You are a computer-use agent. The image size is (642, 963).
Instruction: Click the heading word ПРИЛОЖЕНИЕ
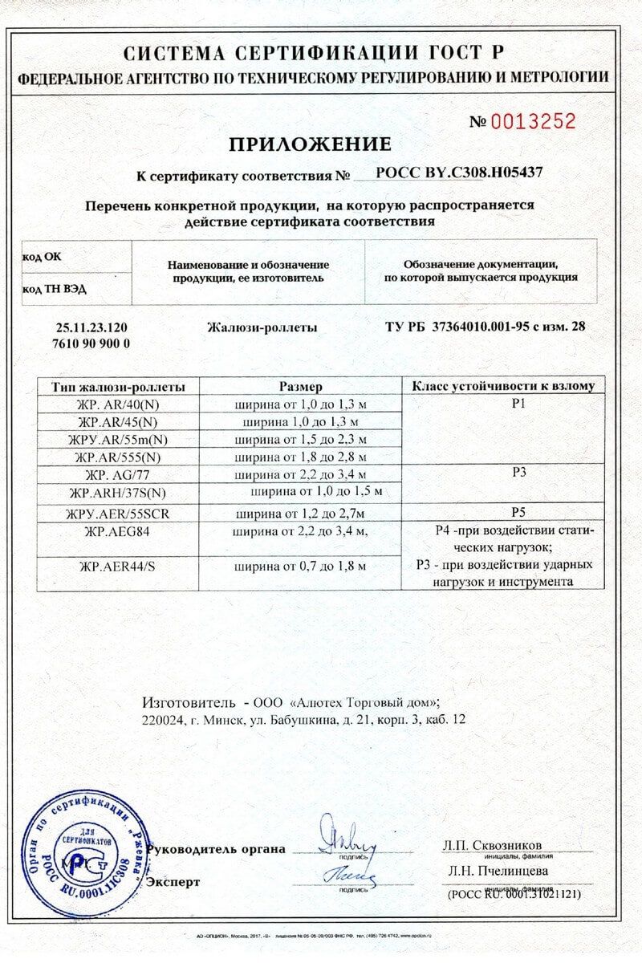click(310, 144)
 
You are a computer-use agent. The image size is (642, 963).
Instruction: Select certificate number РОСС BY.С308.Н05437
click(465, 173)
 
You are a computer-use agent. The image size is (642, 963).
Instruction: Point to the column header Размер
click(300, 386)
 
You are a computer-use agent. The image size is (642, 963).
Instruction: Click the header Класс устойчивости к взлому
click(503, 386)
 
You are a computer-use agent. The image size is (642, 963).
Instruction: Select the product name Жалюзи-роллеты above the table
click(262, 328)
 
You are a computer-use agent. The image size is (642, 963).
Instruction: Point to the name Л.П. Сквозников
click(492, 845)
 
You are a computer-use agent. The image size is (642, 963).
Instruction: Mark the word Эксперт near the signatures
click(172, 881)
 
